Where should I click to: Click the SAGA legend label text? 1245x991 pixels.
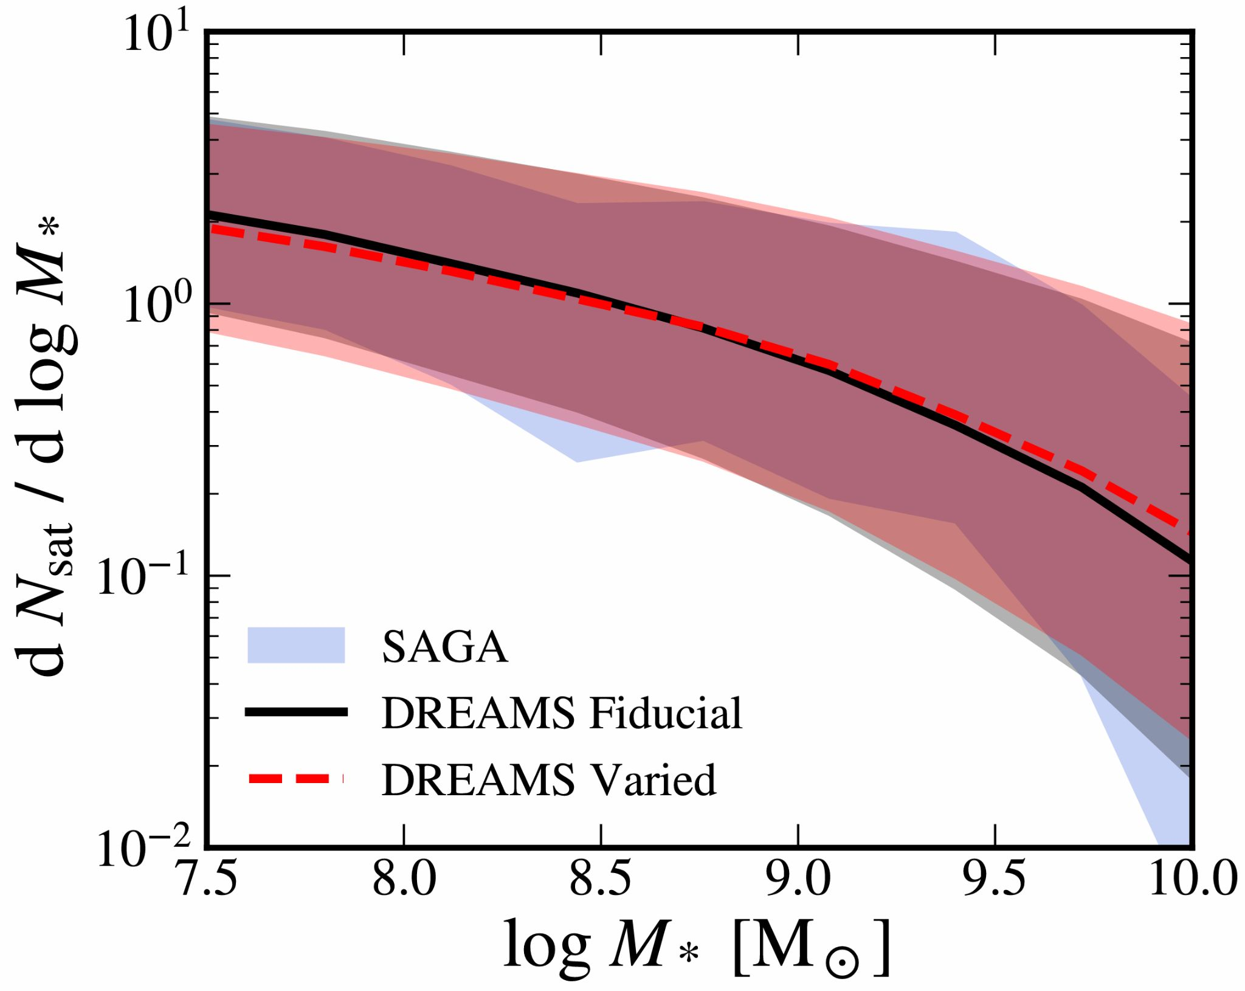(444, 647)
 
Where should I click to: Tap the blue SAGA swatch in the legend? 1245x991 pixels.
(296, 645)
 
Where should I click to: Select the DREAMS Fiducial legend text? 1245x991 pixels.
(561, 713)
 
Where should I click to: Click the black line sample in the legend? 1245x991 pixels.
(296, 712)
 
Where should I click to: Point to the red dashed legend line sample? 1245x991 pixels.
(296, 778)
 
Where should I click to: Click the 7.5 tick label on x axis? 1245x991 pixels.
(208, 880)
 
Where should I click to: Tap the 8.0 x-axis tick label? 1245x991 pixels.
(405, 880)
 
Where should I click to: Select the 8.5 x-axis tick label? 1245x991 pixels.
(601, 880)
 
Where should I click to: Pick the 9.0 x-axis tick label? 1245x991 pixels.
(798, 880)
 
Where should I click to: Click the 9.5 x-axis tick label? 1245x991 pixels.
(995, 880)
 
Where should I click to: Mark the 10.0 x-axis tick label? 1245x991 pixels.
(1192, 880)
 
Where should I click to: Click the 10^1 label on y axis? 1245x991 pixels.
(157, 35)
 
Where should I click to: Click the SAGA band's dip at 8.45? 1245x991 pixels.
(576, 461)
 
